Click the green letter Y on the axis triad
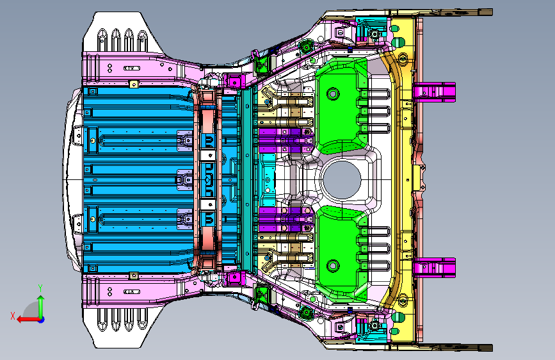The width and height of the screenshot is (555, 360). (x=40, y=288)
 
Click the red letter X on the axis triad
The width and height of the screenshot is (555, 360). (x=13, y=316)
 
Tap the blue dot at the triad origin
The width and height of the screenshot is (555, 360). (x=41, y=320)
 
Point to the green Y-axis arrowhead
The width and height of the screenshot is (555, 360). (x=41, y=299)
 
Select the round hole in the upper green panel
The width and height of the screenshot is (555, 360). (x=333, y=94)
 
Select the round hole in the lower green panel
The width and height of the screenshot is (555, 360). (x=333, y=265)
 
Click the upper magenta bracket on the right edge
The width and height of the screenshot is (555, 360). (x=434, y=92)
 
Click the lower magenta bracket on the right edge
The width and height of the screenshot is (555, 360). (x=434, y=268)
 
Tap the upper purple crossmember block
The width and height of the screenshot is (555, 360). (x=286, y=140)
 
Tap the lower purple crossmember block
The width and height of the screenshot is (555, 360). (x=286, y=220)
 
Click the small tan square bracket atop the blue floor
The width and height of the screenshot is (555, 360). (x=133, y=84)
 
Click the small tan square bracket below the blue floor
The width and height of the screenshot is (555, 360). (x=133, y=275)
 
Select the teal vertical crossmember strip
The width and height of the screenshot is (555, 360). (x=248, y=179)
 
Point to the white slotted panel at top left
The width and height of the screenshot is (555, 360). (x=123, y=33)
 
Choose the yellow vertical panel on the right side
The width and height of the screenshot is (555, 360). (x=403, y=180)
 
